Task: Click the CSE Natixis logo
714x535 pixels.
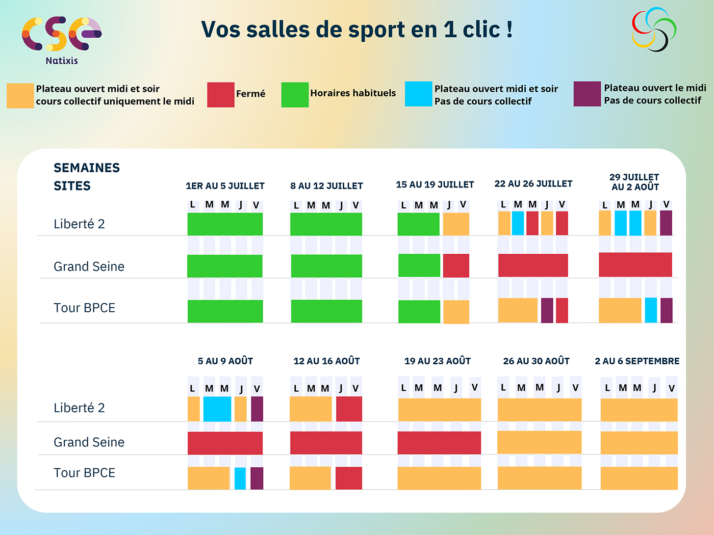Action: pos(61,40)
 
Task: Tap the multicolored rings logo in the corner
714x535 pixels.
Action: pos(654,30)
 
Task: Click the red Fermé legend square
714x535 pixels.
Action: pos(221,95)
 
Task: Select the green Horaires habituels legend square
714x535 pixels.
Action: pos(295,95)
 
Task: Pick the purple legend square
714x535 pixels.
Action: pos(587,94)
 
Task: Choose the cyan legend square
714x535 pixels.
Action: pos(418,94)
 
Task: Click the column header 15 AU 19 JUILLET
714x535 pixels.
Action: pos(435,184)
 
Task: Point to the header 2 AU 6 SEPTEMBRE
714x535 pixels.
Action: pos(637,361)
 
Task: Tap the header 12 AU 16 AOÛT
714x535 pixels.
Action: pos(326,361)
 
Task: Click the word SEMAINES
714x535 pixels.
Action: pos(87,168)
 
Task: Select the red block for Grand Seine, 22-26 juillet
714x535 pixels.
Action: pos(533,265)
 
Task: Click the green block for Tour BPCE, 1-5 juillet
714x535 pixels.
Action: pos(225,311)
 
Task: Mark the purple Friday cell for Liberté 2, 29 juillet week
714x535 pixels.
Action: pos(666,223)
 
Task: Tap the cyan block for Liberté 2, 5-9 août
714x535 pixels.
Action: pos(217,409)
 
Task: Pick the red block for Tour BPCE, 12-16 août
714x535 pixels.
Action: pos(349,478)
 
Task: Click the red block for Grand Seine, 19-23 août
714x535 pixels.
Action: pos(439,443)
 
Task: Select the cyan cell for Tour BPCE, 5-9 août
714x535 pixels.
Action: pos(240,478)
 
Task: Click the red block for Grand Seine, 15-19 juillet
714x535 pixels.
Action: pos(456,265)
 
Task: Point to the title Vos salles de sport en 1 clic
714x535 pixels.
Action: pos(356,30)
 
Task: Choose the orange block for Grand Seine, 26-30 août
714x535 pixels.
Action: pos(539,442)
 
